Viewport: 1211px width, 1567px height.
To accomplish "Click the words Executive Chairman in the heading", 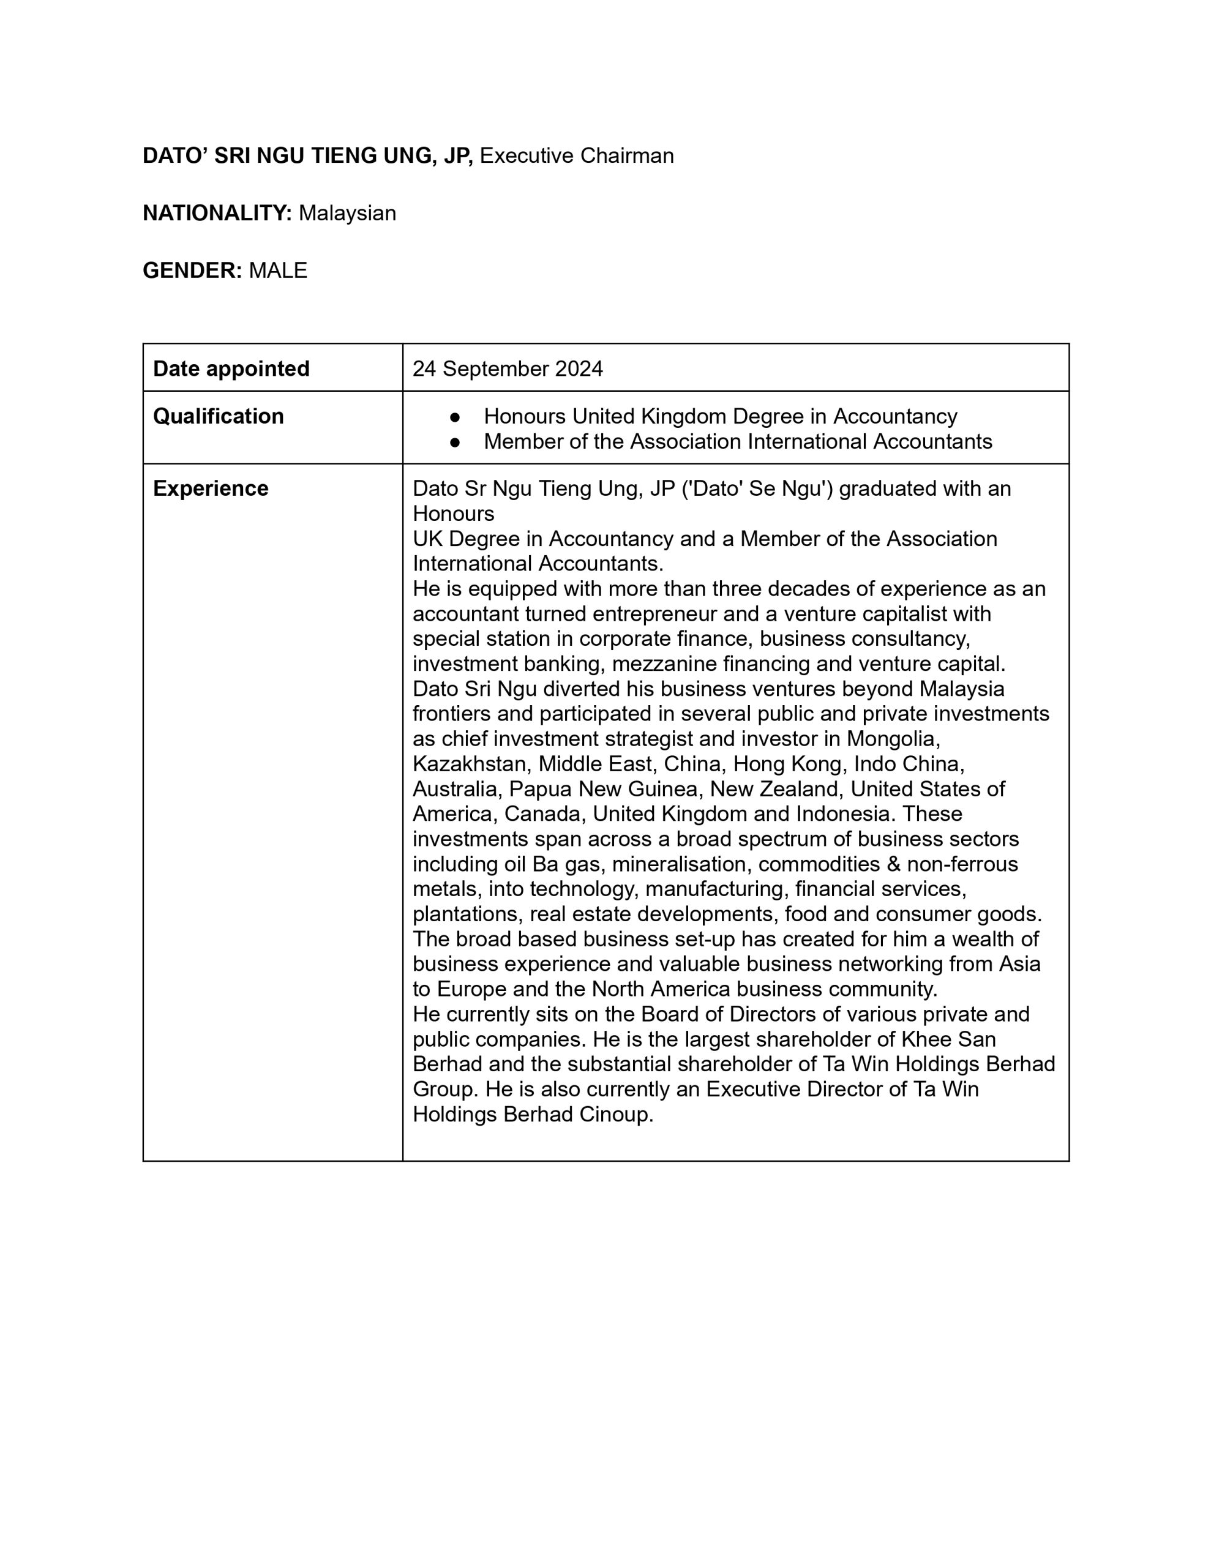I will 577,155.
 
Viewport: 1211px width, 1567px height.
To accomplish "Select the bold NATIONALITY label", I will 217,213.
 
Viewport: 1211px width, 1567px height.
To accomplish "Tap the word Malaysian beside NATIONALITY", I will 347,213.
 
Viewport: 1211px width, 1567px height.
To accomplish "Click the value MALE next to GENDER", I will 278,271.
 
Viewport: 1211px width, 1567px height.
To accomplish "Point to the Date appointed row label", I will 231,368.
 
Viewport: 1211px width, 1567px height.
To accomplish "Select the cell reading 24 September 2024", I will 508,368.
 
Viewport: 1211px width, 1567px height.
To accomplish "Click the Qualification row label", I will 218,416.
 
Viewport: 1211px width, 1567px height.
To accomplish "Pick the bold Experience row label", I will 211,488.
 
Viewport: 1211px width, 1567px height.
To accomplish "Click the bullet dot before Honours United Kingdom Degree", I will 454,417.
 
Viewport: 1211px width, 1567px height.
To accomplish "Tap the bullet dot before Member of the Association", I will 454,442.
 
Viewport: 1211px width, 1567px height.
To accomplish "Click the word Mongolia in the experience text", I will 893,738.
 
